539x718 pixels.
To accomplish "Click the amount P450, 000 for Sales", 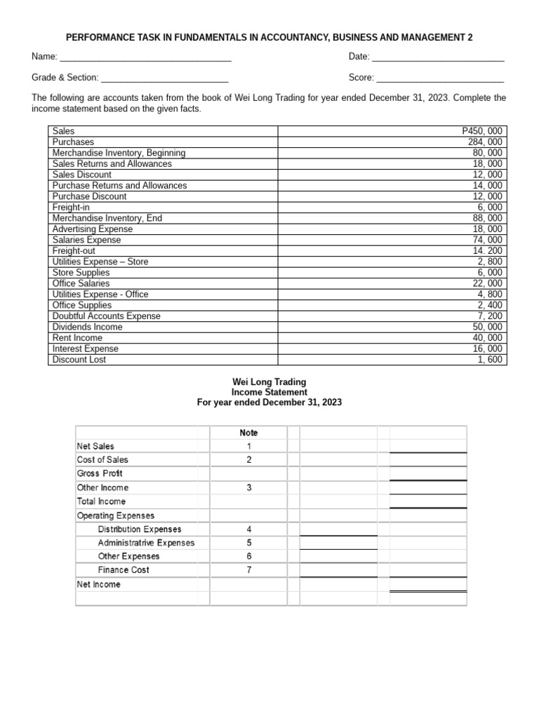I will pyautogui.click(x=481, y=131).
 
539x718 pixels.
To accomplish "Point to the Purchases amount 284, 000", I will pyautogui.click(x=486, y=142).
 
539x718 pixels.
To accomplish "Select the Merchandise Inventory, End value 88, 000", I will pyautogui.click(x=488, y=218).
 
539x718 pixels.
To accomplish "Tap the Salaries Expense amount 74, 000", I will pyautogui.click(x=488, y=240).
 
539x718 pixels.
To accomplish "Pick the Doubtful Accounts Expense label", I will pyautogui.click(x=106, y=316).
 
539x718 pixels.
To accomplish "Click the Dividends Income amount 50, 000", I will pyautogui.click(x=488, y=327).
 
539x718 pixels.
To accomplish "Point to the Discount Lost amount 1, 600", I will pyautogui.click(x=490, y=360).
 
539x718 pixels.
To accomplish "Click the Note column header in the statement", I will pyautogui.click(x=248, y=433).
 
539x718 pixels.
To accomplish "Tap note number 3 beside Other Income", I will pyautogui.click(x=248, y=487).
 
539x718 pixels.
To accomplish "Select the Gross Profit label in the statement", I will pyautogui.click(x=100, y=473).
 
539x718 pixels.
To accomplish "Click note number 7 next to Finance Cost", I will pyautogui.click(x=248, y=570).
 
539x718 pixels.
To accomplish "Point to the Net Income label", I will pyautogui.click(x=98, y=584).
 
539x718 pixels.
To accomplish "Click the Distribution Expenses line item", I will pyautogui.click(x=140, y=529).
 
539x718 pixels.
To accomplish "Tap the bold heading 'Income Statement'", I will pyautogui.click(x=269, y=393).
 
